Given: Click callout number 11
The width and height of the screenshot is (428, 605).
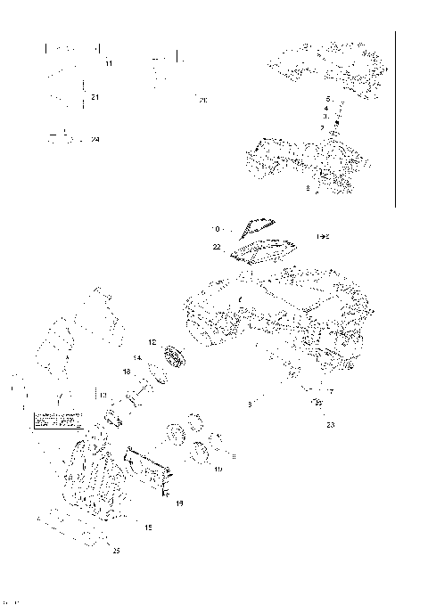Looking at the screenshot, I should click(109, 64).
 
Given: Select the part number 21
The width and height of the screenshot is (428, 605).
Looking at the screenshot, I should click(95, 96).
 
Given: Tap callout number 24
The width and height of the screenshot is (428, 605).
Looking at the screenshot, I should click(95, 140).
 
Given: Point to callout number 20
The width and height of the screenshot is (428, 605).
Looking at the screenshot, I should click(202, 100).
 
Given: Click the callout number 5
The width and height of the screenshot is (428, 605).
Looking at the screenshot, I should click(328, 98).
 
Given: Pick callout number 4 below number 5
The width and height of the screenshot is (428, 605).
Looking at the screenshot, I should click(326, 108).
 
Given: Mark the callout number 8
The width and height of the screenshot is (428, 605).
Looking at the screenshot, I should click(307, 189).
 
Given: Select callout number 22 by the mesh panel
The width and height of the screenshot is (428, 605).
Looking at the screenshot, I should click(217, 246).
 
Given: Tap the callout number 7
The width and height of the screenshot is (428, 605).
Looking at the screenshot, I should click(331, 392).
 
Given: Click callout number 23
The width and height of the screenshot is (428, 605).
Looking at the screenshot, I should click(330, 425).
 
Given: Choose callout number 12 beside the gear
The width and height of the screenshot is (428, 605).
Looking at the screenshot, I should click(152, 342).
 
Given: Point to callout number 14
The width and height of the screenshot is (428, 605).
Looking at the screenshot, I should click(138, 357).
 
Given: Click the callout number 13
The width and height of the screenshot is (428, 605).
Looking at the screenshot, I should click(103, 394).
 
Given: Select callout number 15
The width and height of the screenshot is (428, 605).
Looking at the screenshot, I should click(148, 527).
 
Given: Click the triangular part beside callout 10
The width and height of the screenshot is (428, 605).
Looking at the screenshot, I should click(256, 227).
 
